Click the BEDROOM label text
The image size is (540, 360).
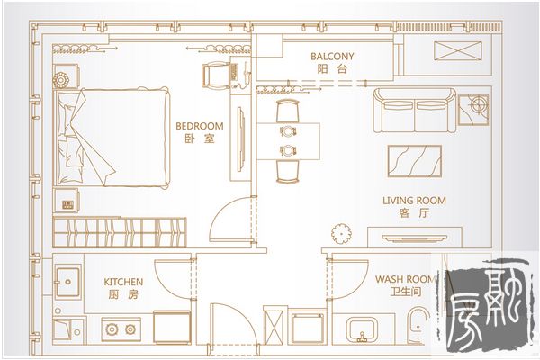click(200, 126)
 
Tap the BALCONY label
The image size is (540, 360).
click(332, 57)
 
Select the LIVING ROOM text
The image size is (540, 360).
click(414, 201)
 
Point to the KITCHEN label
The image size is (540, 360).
click(123, 282)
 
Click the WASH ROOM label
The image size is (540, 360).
click(405, 279)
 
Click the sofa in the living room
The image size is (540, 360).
click(415, 110)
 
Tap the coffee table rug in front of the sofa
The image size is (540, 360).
click(415, 161)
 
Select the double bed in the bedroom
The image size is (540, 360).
click(112, 138)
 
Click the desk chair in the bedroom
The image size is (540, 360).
click(214, 76)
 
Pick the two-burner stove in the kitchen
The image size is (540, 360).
click(121, 329)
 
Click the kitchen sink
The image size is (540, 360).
click(68, 282)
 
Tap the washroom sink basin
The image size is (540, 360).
click(362, 329)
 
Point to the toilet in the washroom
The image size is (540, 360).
click(418, 325)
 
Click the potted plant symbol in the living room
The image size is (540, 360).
click(341, 234)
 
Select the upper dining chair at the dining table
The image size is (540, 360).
click(288, 111)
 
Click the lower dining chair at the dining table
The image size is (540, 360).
click(288, 172)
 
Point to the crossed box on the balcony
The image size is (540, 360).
click(458, 51)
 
